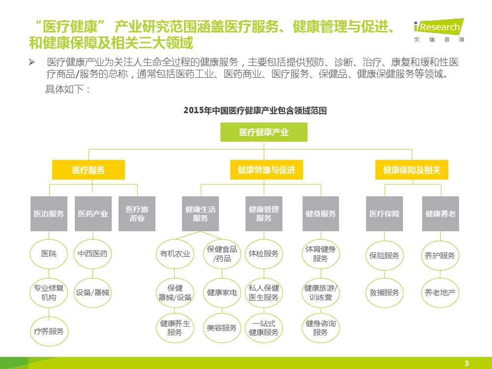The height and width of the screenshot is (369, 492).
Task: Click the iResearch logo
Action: click(438, 30)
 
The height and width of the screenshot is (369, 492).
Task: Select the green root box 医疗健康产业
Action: click(264, 132)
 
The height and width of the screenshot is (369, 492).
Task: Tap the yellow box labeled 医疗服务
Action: click(89, 170)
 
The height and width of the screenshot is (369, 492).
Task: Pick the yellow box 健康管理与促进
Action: click(267, 170)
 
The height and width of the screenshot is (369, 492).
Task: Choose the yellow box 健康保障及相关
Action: click(412, 170)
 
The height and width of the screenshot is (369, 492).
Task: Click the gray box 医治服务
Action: click(49, 214)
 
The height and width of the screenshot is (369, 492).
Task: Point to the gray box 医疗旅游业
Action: click(137, 214)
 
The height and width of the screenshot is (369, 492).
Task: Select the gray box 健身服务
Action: click(321, 214)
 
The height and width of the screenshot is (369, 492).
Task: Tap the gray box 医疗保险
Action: click(384, 214)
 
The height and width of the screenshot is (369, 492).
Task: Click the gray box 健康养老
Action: click(440, 214)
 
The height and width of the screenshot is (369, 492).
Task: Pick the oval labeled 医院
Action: click(49, 254)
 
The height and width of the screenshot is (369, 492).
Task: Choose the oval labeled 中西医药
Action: click(92, 254)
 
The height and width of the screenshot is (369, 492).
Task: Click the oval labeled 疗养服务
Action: click(49, 331)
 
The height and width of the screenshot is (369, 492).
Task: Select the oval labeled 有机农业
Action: click(175, 254)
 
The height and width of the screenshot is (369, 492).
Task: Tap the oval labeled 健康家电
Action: click(222, 293)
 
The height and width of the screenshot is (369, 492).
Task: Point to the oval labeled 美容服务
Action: click(222, 328)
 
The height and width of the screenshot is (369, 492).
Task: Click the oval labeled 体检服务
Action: click(264, 254)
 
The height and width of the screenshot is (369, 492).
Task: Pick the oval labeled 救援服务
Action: click(384, 293)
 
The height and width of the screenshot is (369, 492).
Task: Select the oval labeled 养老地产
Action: click(440, 293)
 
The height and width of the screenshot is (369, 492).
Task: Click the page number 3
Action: click(467, 364)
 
